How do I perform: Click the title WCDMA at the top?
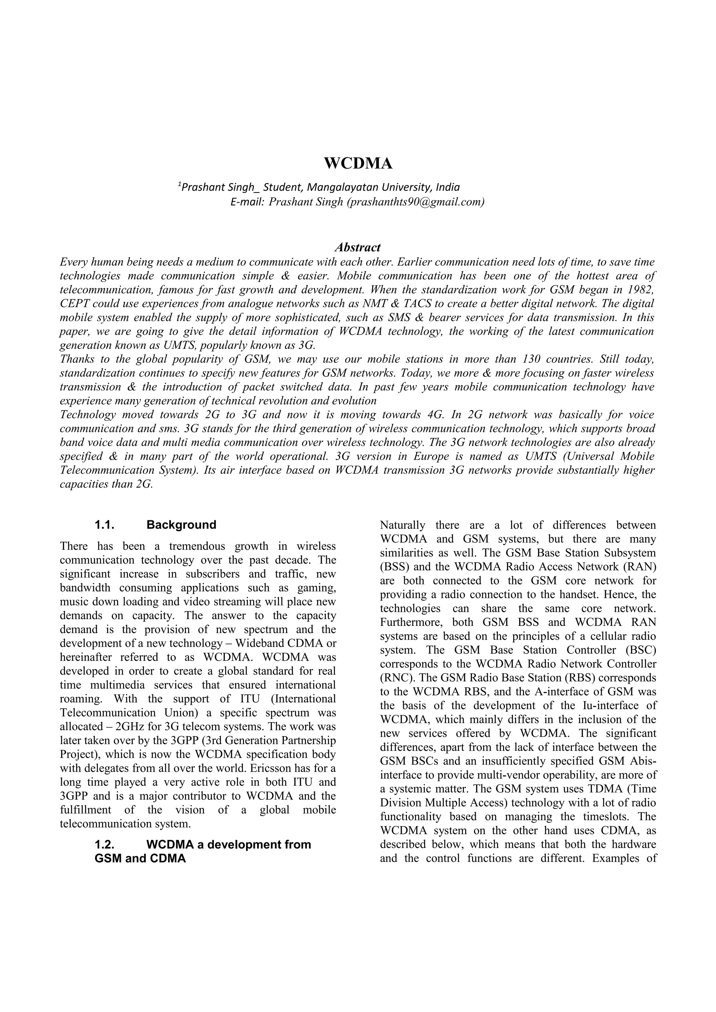coord(358,163)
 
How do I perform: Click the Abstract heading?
coord(357,247)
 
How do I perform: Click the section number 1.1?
coord(105,525)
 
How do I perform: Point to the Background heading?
coord(181,525)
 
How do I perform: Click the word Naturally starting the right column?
coord(402,525)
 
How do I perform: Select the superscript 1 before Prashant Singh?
coord(180,184)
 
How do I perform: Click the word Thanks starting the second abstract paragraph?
coord(76,359)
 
